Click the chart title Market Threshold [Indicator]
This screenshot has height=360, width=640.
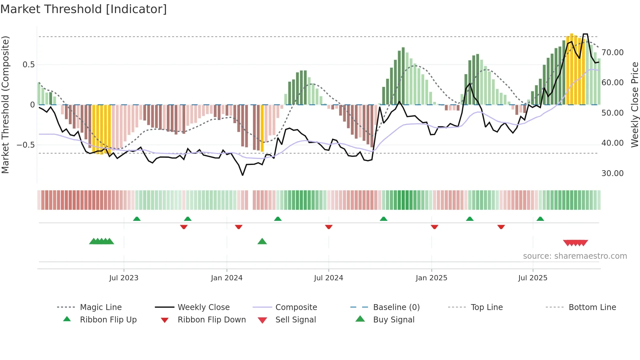pos(84,9)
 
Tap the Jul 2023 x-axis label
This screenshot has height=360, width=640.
pos(124,278)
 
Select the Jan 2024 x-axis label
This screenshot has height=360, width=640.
pos(227,278)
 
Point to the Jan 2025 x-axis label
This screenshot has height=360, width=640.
pos(431,278)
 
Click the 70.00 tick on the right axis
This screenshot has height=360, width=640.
pos(612,53)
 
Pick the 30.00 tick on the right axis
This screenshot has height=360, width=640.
pos(612,173)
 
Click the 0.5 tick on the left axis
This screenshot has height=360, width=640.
pos(29,65)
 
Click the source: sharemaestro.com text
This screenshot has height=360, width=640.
pos(575,256)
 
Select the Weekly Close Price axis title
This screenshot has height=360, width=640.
pos(634,105)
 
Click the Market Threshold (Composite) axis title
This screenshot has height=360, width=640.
pos(5,105)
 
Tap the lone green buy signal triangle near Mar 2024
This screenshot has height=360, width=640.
pos(262,242)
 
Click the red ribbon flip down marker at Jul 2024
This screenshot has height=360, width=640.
pos(329,227)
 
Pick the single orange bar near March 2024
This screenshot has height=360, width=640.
pos(262,128)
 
